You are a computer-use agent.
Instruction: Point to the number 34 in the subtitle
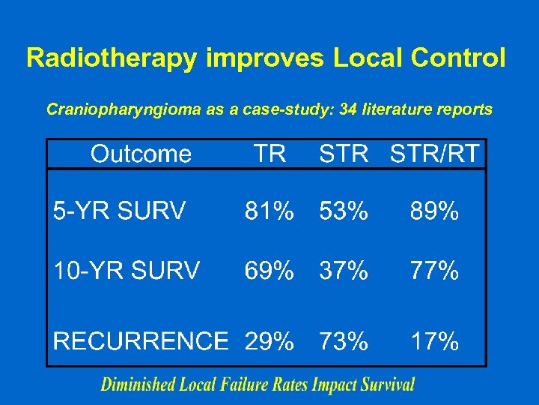(x=347, y=109)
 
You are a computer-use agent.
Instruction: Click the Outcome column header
(x=141, y=154)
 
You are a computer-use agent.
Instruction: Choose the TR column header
(x=269, y=154)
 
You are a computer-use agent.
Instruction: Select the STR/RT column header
(x=435, y=154)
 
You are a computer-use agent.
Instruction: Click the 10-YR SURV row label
(x=126, y=270)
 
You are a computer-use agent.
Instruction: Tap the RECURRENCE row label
(x=140, y=341)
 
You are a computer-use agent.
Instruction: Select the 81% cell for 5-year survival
(x=269, y=212)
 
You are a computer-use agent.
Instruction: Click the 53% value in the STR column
(x=344, y=212)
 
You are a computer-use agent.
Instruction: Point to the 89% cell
(x=434, y=212)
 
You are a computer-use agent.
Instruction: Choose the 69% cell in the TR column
(x=269, y=270)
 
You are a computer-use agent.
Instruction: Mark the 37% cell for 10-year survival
(x=344, y=270)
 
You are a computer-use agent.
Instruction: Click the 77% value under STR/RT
(x=434, y=270)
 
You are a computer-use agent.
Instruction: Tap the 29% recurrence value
(x=269, y=341)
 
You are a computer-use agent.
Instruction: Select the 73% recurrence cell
(x=344, y=341)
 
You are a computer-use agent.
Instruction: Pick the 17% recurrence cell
(x=434, y=341)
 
